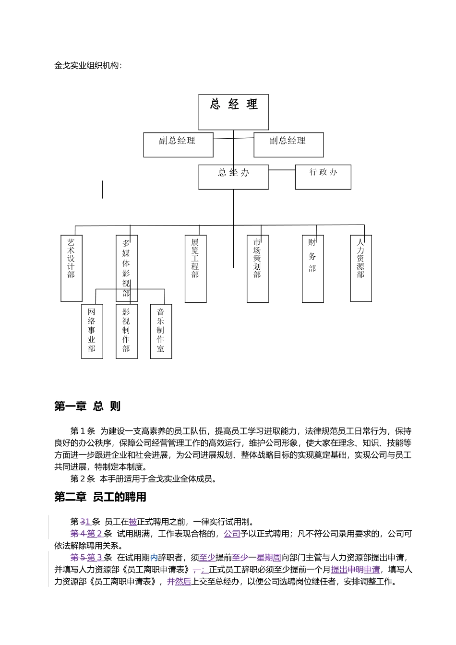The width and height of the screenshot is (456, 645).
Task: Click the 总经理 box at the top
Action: [233, 112]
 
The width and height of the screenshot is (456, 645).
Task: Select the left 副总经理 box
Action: [178, 145]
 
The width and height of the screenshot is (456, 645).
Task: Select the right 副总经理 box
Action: [288, 145]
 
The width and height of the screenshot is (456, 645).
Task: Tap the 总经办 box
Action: [233, 177]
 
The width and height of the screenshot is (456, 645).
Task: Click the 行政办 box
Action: [323, 177]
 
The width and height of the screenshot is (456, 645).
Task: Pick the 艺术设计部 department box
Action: [72, 268]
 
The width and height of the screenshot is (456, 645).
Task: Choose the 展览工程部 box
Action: [195, 269]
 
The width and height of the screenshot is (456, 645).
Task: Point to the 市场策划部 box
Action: [257, 269]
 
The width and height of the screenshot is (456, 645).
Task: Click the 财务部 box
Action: [312, 269]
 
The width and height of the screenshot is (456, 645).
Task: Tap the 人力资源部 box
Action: [361, 268]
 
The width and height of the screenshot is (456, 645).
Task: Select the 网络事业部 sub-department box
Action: [92, 331]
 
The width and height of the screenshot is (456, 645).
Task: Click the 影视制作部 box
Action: [126, 331]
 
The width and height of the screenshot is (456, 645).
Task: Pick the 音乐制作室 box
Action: [161, 331]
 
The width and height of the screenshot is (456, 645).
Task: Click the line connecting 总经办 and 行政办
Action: [282, 170]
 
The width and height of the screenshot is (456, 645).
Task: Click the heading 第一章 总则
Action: [87, 406]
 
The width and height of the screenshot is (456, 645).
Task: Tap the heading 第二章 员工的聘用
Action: [100, 497]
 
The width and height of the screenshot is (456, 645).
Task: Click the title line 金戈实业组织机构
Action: [88, 66]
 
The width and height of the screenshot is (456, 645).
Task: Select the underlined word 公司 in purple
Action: [232, 534]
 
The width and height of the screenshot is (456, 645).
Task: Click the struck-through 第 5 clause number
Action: [77, 558]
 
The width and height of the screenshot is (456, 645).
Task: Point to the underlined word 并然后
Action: [179, 582]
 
